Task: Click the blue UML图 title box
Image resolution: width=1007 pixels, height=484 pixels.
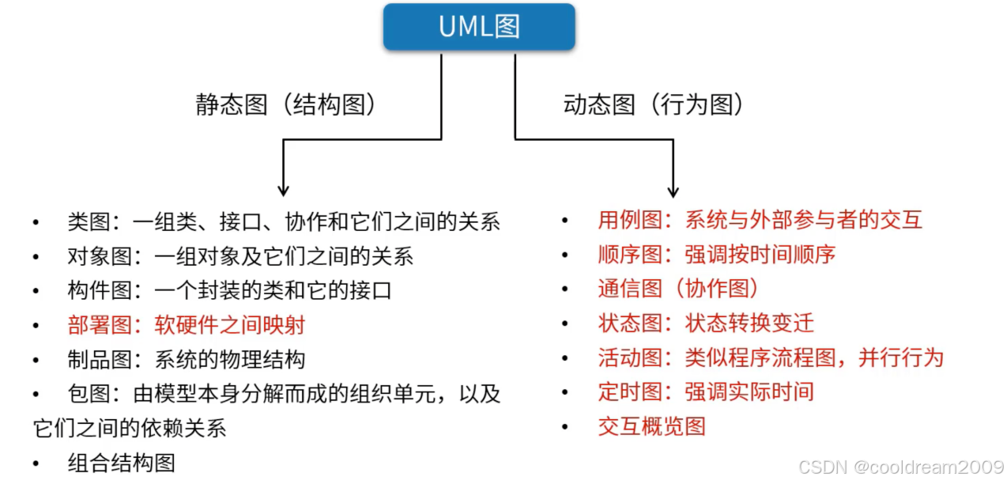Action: click(x=479, y=27)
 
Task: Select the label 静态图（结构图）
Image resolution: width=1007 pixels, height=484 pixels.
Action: click(x=286, y=105)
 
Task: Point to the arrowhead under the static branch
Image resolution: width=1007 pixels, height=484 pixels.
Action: click(x=283, y=190)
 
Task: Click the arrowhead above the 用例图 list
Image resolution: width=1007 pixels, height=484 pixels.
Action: click(x=673, y=191)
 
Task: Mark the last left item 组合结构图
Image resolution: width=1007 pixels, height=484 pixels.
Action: click(x=121, y=463)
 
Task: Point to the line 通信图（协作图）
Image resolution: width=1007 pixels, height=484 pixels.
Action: click(x=678, y=289)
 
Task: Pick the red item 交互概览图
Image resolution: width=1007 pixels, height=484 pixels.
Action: click(x=651, y=426)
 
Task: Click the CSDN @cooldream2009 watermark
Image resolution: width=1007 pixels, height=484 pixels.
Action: click(x=900, y=467)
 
